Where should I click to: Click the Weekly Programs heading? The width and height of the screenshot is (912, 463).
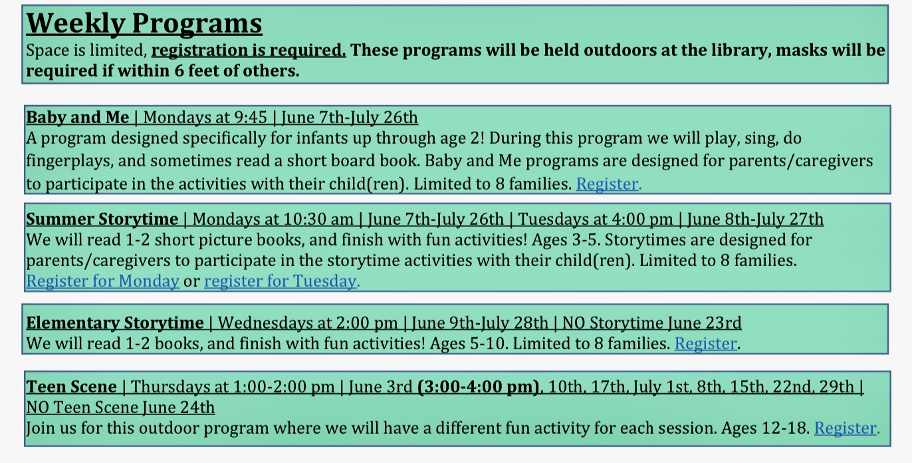pos(144,24)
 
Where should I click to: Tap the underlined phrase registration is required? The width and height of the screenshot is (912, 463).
pos(249,51)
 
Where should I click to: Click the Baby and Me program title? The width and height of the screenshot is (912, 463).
pos(77,117)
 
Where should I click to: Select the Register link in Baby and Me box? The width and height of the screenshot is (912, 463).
pos(607,184)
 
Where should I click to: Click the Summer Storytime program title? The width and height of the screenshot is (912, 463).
pos(102,220)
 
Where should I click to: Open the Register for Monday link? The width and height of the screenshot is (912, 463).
pos(102,281)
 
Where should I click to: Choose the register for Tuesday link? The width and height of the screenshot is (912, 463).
pos(280,281)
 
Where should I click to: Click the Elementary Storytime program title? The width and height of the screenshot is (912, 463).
pos(115,323)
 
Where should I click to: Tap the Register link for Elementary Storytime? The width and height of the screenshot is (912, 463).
pos(705,343)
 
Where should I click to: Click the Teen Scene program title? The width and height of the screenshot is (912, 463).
pos(71,386)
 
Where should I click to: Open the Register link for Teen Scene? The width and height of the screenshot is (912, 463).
pos(846,428)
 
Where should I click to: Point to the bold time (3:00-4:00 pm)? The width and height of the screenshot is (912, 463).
pos(479,386)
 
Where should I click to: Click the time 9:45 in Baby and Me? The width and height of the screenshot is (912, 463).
pos(251,118)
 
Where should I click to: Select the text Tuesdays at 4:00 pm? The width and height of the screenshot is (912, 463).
pos(595,220)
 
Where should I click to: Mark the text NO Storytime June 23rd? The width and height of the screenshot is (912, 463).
pos(652,323)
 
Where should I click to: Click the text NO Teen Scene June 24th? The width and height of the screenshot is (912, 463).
pos(120,408)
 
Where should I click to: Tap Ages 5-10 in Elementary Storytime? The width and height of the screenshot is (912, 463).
pos(469,343)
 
